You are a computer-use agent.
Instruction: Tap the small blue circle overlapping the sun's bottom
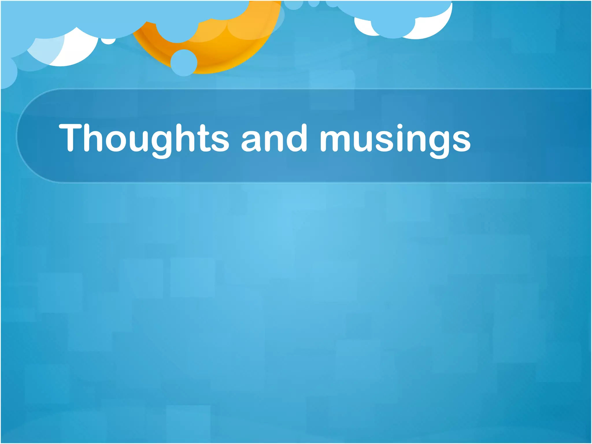click(x=184, y=63)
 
